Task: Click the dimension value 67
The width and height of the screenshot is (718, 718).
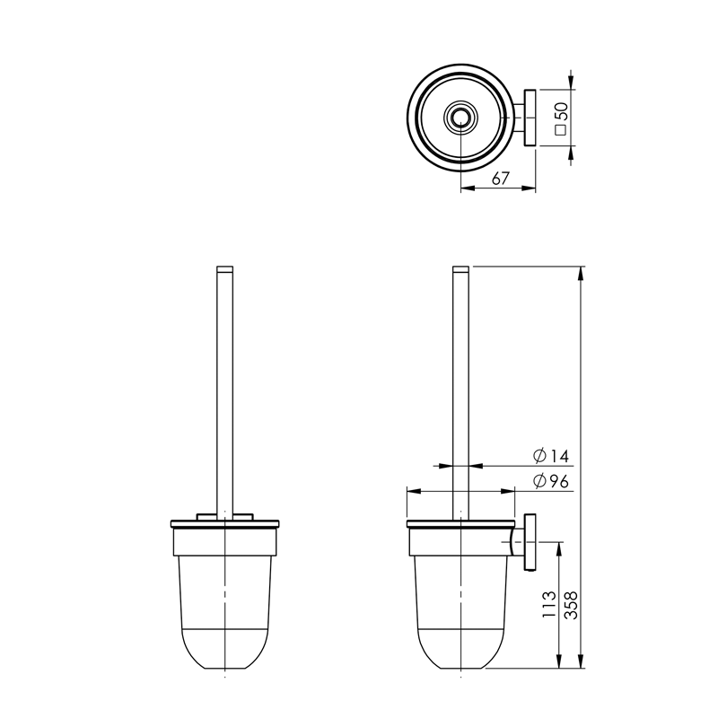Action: [x=501, y=178]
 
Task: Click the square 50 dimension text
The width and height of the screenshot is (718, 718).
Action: [x=561, y=118]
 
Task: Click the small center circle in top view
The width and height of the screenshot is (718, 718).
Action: [x=460, y=117]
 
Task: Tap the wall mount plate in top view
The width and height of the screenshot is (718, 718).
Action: [x=530, y=118]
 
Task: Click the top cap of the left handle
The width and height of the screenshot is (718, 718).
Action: [x=224, y=268]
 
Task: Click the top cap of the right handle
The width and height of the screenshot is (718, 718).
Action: [x=460, y=268]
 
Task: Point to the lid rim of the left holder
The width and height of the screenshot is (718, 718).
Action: [x=224, y=522]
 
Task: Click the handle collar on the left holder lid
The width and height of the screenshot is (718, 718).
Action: [x=224, y=515]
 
